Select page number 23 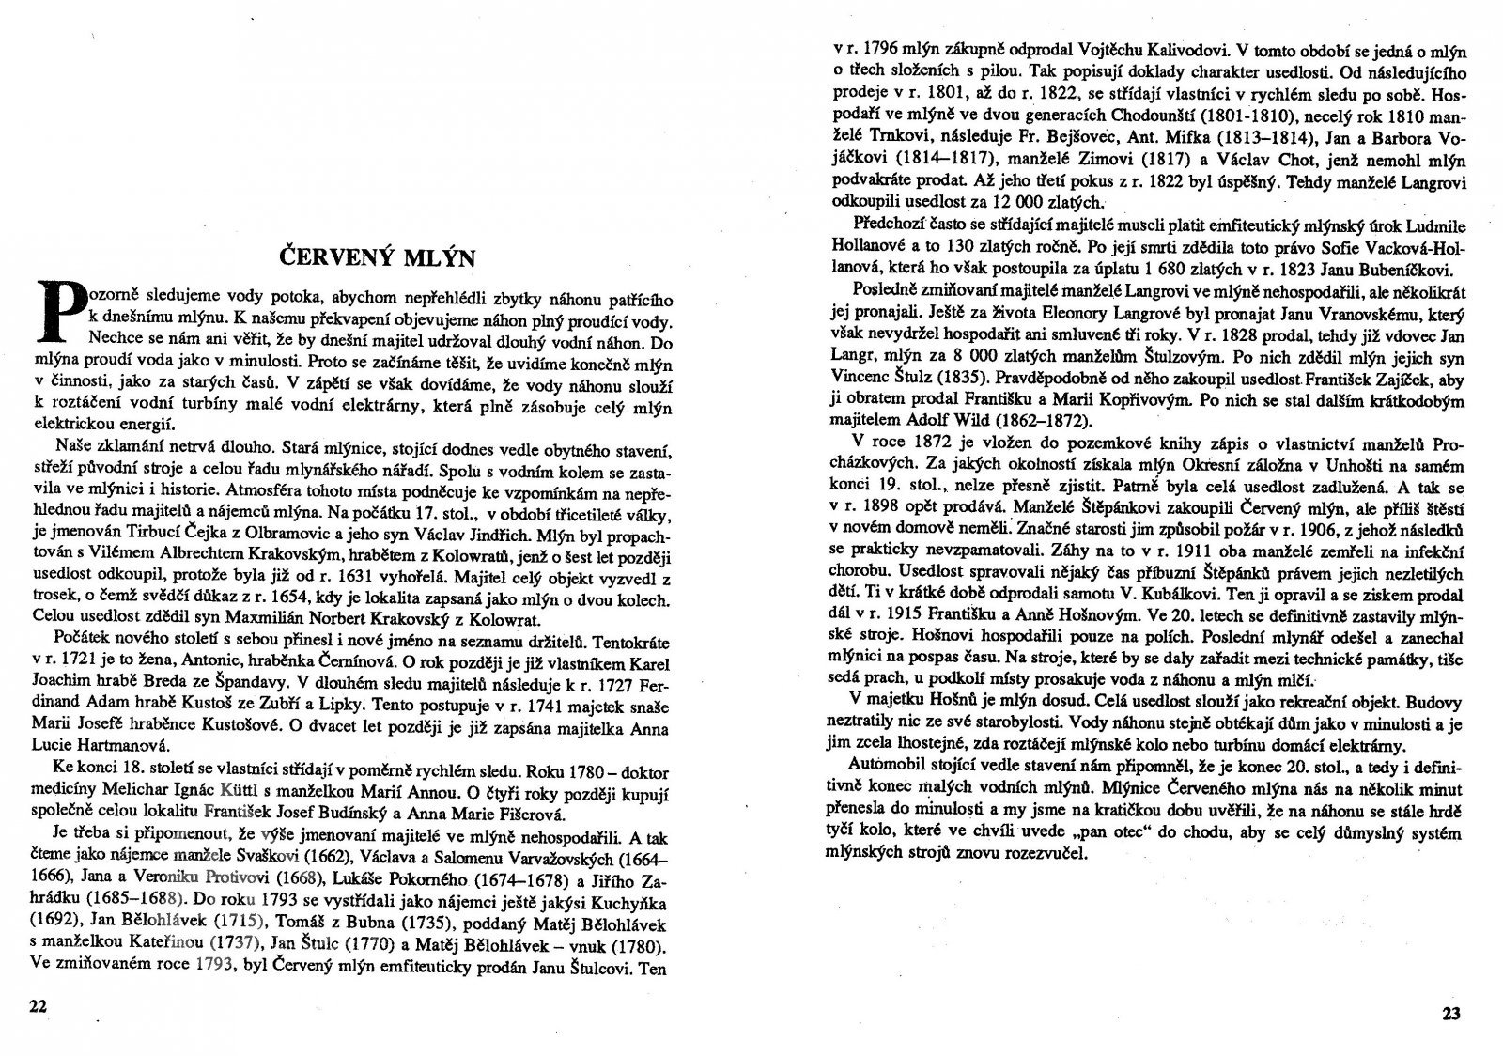coord(1452,1014)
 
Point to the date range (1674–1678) coord(533,880)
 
